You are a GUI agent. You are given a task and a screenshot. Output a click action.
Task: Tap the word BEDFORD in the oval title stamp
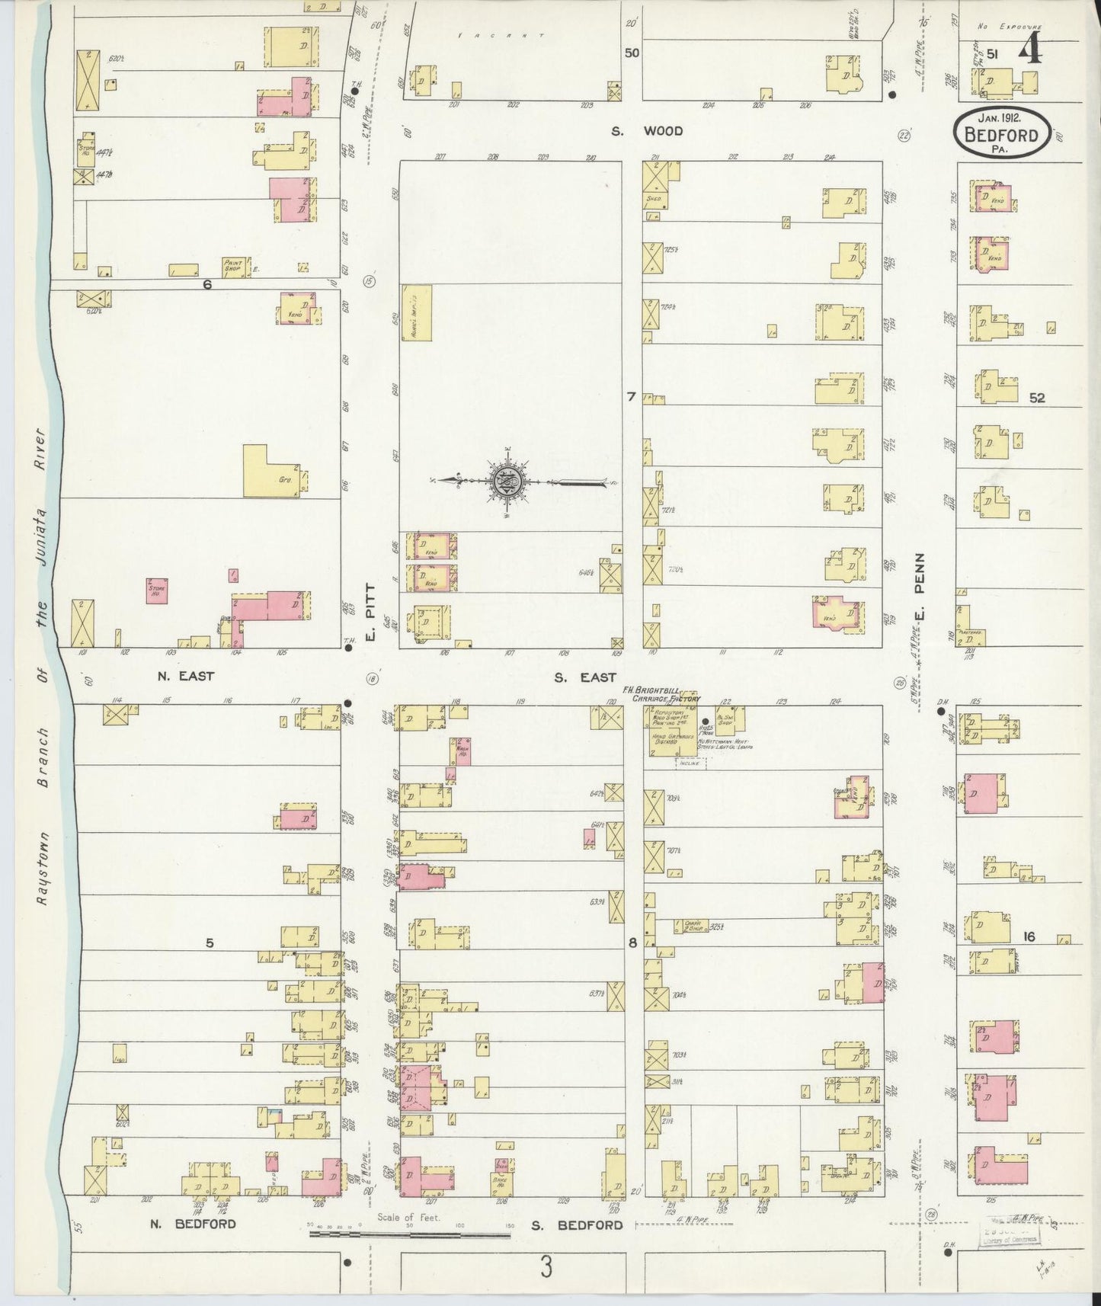point(1001,136)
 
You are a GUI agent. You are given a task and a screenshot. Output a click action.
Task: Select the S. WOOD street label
point(647,131)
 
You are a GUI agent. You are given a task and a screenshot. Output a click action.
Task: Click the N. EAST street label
point(186,675)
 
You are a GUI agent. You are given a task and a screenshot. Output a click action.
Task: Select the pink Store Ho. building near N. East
point(156,591)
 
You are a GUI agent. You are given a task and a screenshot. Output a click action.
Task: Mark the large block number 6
point(206,285)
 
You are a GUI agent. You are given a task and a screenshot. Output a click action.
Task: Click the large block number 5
point(210,943)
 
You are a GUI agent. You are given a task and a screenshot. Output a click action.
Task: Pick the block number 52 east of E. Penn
point(1035,398)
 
